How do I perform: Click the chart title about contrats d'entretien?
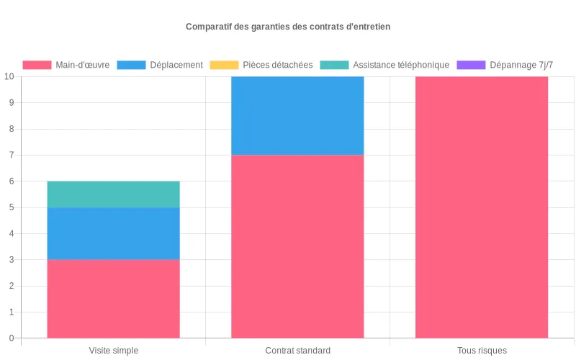point(288,27)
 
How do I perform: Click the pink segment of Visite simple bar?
point(114,298)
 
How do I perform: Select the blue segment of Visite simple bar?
point(114,233)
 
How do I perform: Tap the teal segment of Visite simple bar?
point(114,194)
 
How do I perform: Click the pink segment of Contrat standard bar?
point(297,246)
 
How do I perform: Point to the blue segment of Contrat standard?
point(297,115)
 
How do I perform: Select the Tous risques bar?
point(482,207)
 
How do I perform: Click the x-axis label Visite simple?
point(114,351)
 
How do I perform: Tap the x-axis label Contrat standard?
point(297,351)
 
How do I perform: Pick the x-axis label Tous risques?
point(482,351)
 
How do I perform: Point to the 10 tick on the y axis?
point(9,76)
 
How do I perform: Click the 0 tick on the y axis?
point(12,338)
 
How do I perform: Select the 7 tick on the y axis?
point(12,155)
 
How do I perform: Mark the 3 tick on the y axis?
point(12,260)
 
